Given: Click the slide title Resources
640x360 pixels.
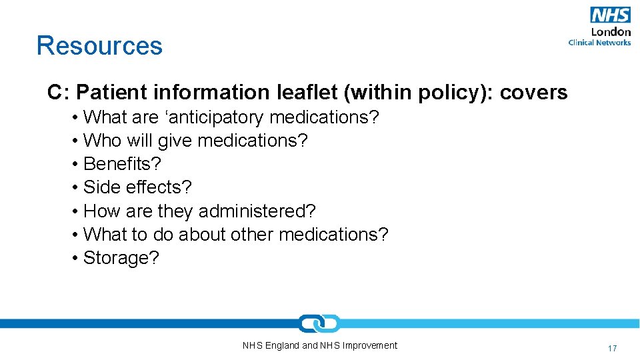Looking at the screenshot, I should [x=99, y=45].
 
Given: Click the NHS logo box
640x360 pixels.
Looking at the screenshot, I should [x=610, y=15].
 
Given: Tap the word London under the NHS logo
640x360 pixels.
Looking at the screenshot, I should [x=611, y=31].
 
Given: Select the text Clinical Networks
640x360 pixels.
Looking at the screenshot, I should [x=599, y=43].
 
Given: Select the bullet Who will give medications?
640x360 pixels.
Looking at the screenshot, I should [x=195, y=141].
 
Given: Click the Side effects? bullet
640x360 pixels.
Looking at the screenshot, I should [x=137, y=187].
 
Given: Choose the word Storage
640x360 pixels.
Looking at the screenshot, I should [x=117, y=258].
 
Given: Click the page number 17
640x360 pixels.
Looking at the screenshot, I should [x=612, y=348].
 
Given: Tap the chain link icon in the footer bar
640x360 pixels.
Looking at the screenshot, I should [x=319, y=323].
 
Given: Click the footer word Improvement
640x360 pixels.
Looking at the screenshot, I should [x=369, y=345].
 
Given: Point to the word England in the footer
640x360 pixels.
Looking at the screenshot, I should [x=282, y=345].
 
